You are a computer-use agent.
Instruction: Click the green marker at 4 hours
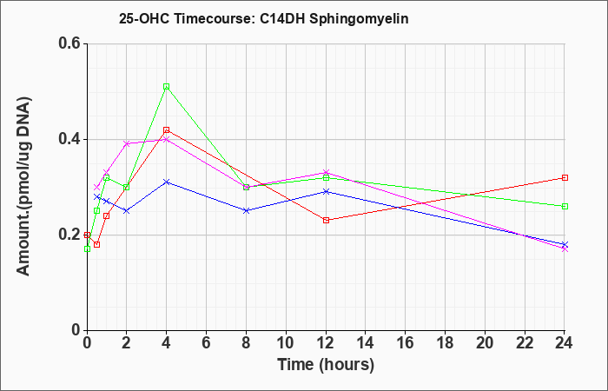pyautogui.click(x=167, y=87)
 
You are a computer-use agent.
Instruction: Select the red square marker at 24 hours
pyautogui.click(x=565, y=177)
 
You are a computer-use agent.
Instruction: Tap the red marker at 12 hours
pyautogui.click(x=326, y=221)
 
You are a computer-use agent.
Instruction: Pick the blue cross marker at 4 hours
pyautogui.click(x=167, y=182)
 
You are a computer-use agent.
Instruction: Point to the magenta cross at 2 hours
pyautogui.click(x=127, y=144)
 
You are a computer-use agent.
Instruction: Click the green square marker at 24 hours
pyautogui.click(x=565, y=207)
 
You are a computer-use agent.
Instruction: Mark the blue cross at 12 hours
pyautogui.click(x=326, y=192)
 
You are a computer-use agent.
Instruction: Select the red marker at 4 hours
pyautogui.click(x=167, y=130)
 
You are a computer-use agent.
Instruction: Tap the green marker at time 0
pyautogui.click(x=87, y=249)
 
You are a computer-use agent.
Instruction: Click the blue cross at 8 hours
pyautogui.click(x=246, y=210)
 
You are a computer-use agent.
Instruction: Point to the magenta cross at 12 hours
pyautogui.click(x=326, y=172)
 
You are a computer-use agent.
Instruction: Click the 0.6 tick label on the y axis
pyautogui.click(x=69, y=43)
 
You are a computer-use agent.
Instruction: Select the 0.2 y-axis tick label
pyautogui.click(x=69, y=235)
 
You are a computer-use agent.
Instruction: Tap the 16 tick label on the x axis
pyautogui.click(x=406, y=343)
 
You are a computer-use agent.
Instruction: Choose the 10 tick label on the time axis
pyautogui.click(x=286, y=343)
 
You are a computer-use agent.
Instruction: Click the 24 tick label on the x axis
pyautogui.click(x=565, y=343)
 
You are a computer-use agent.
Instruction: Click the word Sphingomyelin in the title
pyautogui.click(x=359, y=19)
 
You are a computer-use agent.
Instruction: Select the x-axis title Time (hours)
pyautogui.click(x=326, y=366)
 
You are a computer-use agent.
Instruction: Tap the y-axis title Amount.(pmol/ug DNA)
pyautogui.click(x=24, y=186)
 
